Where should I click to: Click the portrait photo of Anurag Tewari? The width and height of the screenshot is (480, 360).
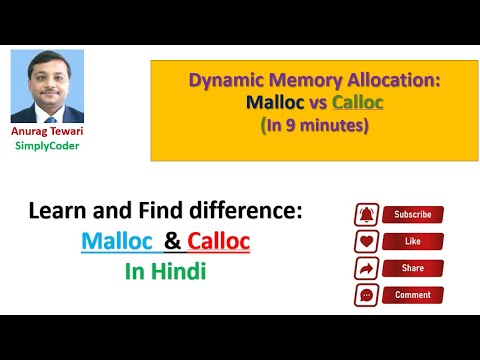47,86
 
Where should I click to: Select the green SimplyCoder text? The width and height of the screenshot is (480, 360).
47,146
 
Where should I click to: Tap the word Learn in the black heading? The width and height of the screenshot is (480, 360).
61,213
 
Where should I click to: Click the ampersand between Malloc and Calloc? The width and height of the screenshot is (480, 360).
172,241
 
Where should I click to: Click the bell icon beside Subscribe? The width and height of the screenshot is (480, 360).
366,215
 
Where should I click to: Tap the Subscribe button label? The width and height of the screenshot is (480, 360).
413,215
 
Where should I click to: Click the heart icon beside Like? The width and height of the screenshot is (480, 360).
366,242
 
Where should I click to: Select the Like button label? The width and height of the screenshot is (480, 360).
413,242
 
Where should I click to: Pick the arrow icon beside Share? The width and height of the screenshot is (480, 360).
366,269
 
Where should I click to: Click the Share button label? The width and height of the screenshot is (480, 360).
413,269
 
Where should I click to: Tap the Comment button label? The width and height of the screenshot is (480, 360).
413,296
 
